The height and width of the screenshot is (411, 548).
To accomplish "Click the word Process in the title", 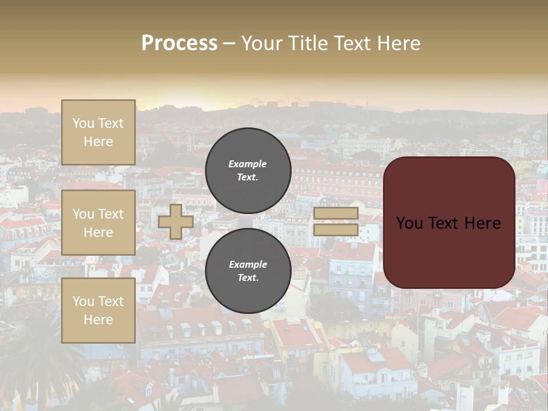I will [x=179, y=43].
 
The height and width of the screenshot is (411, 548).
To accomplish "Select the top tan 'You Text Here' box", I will [x=98, y=132].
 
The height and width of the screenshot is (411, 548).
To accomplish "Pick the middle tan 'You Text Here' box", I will [x=98, y=223].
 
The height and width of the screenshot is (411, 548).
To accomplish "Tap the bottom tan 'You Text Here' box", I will [x=98, y=311].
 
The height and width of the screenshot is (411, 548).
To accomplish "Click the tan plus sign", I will [x=176, y=221].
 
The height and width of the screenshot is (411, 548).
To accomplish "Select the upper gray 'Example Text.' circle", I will [x=248, y=171].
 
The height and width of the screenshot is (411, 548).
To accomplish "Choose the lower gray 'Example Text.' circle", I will [x=248, y=271].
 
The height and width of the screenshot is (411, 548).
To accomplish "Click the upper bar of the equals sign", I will [x=336, y=213].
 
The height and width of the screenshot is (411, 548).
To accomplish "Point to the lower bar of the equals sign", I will [x=336, y=229].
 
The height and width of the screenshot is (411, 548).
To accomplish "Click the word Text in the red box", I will [x=441, y=223].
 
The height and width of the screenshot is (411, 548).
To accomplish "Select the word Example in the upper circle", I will [x=248, y=164].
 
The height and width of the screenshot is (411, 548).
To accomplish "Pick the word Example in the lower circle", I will [x=248, y=265].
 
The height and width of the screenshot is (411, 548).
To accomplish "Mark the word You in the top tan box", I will [x=83, y=123].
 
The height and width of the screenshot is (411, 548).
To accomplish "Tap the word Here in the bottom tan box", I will [x=98, y=320].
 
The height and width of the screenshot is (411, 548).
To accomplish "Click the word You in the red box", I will [x=409, y=223].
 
